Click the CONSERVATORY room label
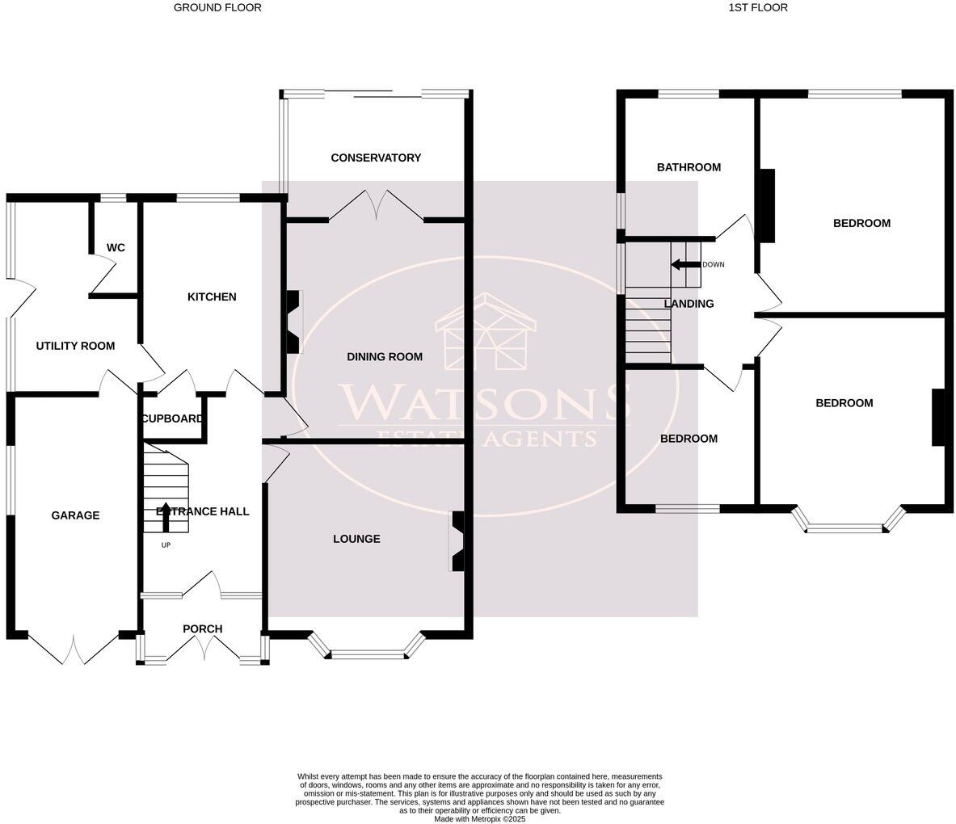[x=376, y=158]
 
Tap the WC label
[x=116, y=247]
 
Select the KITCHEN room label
[x=212, y=296]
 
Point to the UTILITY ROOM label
[x=75, y=346]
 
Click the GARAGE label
[x=75, y=515]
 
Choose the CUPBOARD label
[x=172, y=418]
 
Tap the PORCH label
[x=202, y=629]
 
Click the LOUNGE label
[x=356, y=539]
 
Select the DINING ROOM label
[x=385, y=356]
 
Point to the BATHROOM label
[x=689, y=167]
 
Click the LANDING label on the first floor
[x=689, y=304]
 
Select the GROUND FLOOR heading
[x=217, y=7]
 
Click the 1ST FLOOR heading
[x=758, y=7]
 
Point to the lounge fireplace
[x=457, y=541]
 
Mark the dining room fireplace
[x=293, y=322]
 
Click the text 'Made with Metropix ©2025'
[x=479, y=818]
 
